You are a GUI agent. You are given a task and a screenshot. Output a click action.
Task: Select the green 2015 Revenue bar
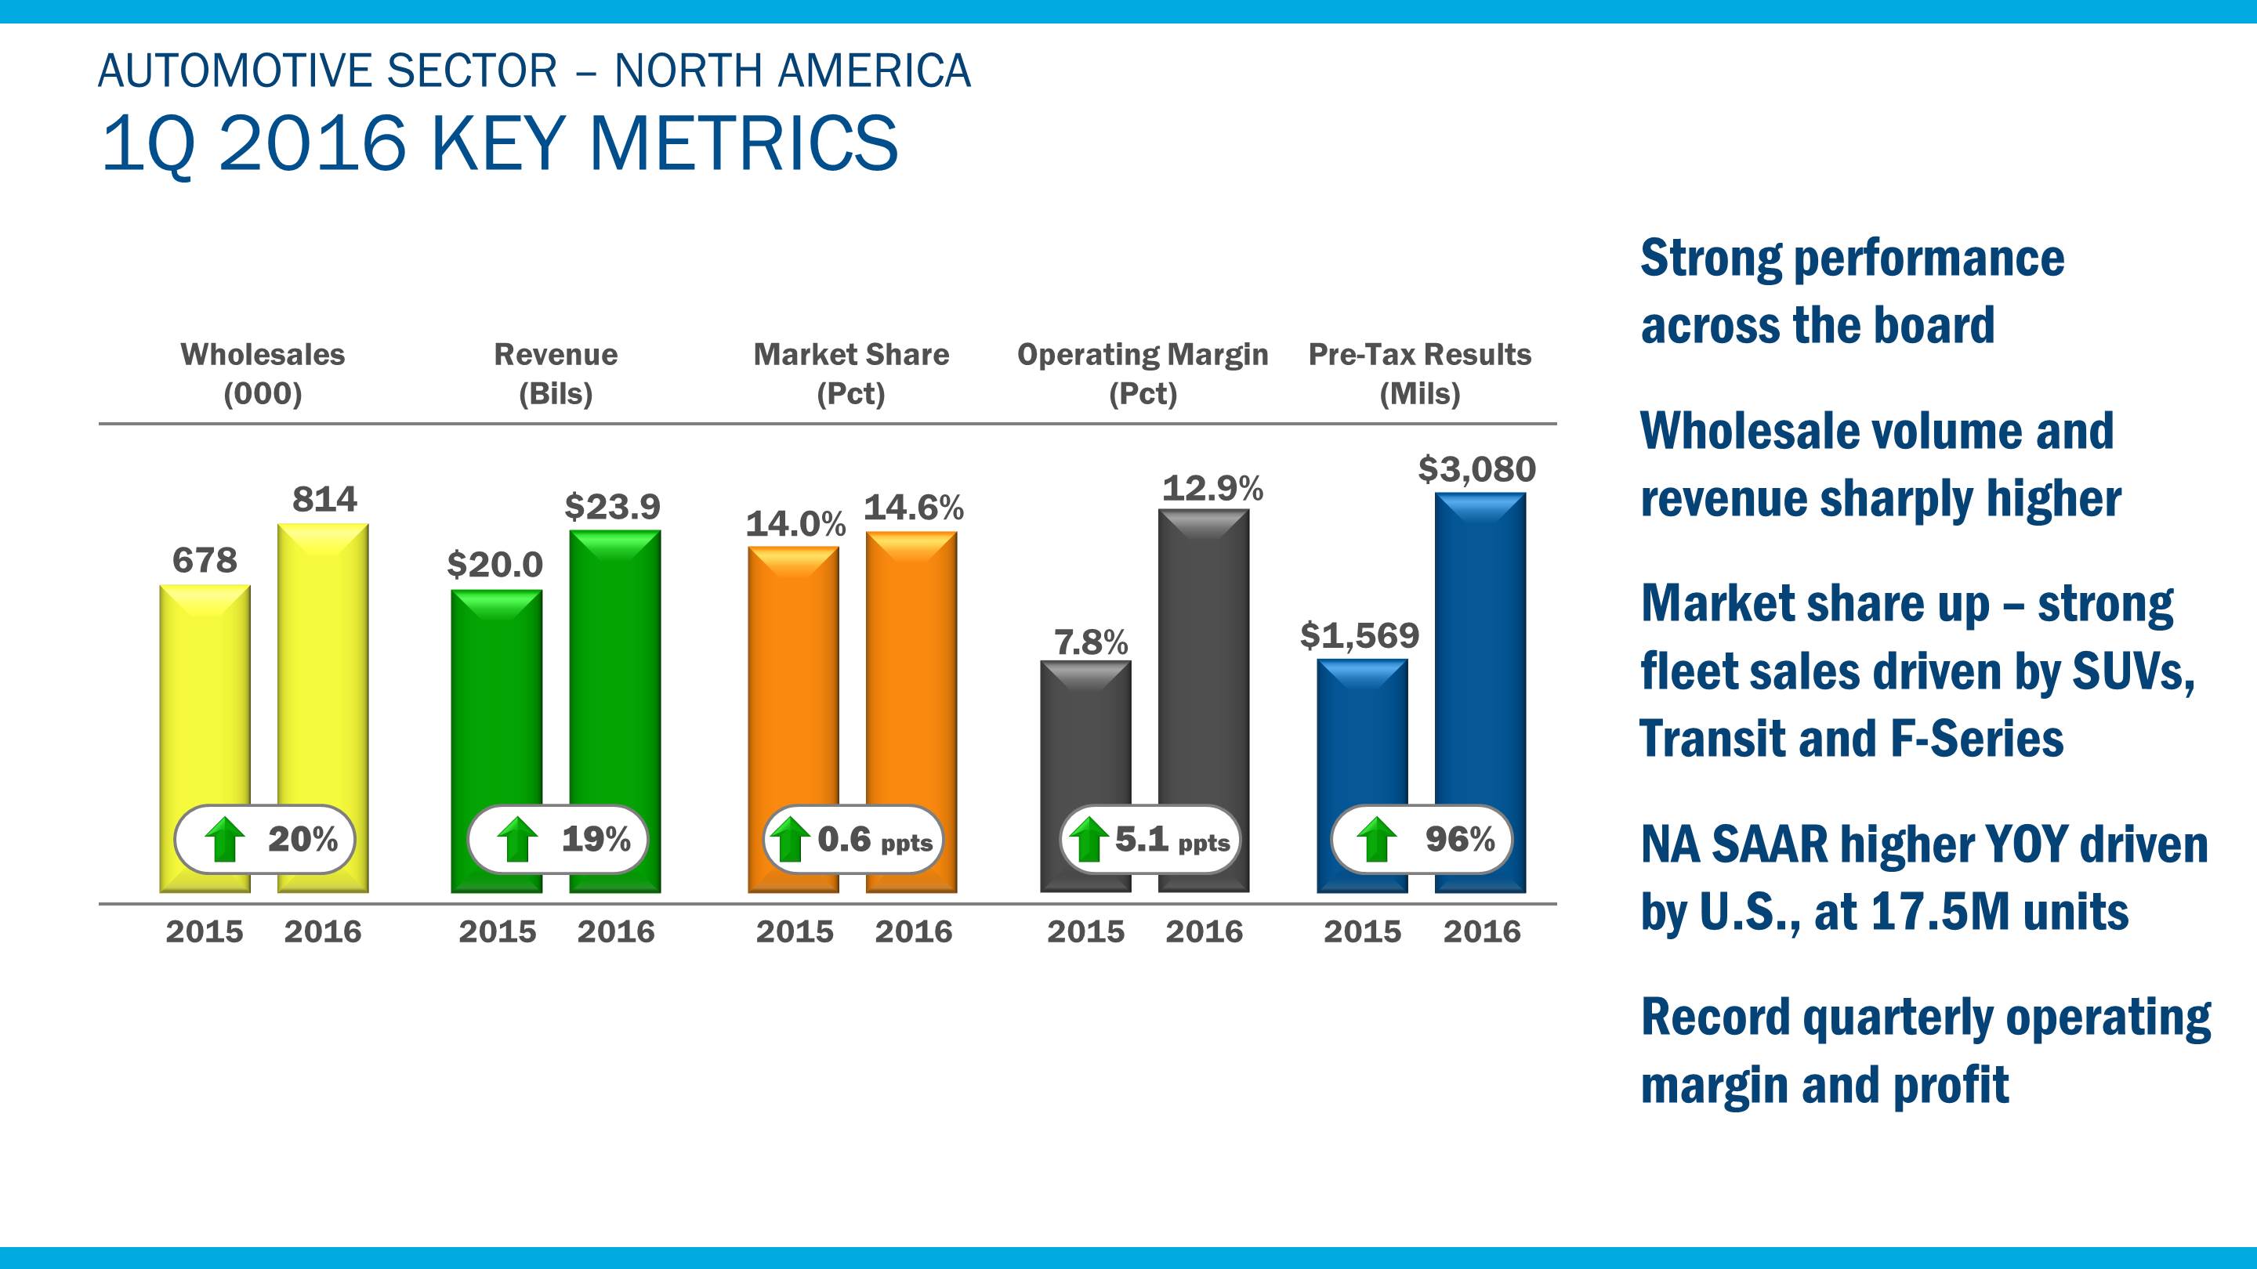pyautogui.click(x=497, y=700)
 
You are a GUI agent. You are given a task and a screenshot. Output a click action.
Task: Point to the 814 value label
pyautogui.click(x=324, y=500)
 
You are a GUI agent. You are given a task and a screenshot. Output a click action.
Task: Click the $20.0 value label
pyautogui.click(x=495, y=565)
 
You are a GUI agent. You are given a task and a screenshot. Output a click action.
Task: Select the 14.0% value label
pyautogui.click(x=795, y=525)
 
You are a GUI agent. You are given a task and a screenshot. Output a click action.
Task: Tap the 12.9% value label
pyautogui.click(x=1212, y=489)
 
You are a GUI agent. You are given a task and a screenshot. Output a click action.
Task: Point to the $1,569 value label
pyautogui.click(x=1359, y=636)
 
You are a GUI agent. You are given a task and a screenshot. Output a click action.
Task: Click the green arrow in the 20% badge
pyautogui.click(x=225, y=839)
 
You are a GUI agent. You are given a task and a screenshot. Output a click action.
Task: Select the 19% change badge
pyautogui.click(x=558, y=839)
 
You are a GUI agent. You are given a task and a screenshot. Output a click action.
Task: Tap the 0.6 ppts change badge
pyautogui.click(x=853, y=839)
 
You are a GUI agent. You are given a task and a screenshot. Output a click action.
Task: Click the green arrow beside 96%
pyautogui.click(x=1376, y=839)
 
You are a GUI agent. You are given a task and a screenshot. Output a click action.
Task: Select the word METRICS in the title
pyautogui.click(x=744, y=143)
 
